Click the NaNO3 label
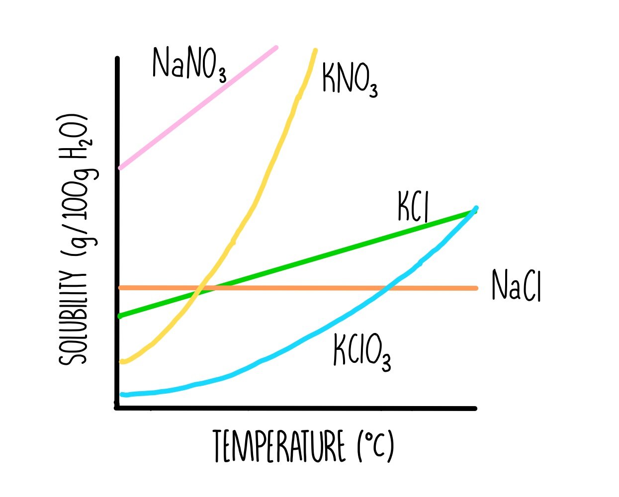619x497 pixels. click(x=189, y=65)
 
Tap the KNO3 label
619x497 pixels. click(x=350, y=80)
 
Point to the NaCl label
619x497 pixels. click(x=516, y=286)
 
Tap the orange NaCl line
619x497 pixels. click(x=298, y=288)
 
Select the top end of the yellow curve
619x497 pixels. click(x=315, y=50)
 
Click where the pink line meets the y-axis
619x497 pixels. click(x=120, y=168)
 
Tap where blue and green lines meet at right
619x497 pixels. click(x=475, y=210)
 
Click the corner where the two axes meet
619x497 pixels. click(x=118, y=408)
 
